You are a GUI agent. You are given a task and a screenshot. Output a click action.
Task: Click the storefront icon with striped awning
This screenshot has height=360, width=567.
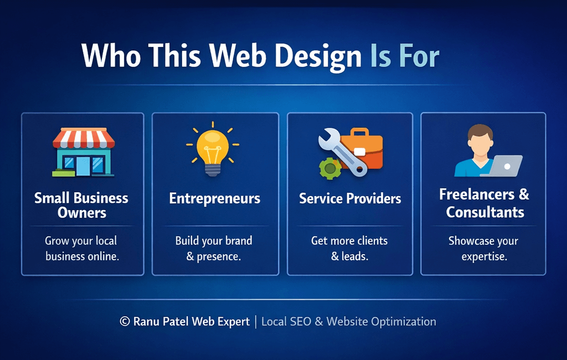tap(83, 152)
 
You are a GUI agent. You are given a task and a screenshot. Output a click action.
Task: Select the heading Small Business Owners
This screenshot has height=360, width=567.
tap(81, 205)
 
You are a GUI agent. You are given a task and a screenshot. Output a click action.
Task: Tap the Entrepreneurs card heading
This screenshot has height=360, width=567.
tap(214, 198)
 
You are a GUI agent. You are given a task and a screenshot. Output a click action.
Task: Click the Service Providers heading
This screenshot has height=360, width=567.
tap(350, 198)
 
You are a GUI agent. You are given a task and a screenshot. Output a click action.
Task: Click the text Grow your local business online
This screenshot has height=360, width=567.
tap(81, 249)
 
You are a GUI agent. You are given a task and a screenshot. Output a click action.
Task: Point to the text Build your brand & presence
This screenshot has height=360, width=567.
tap(214, 249)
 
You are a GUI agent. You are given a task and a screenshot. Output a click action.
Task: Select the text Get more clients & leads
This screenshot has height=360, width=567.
tap(349, 249)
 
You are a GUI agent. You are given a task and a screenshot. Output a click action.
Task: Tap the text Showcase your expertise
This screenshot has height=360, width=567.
tap(483, 249)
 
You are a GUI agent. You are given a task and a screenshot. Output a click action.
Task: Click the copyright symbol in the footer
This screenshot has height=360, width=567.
tap(125, 322)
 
